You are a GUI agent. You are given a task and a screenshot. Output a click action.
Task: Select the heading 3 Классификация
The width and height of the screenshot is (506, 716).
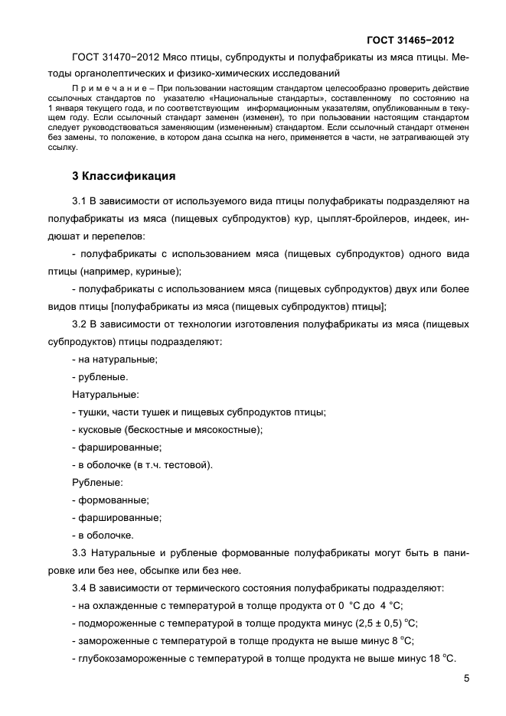click(x=124, y=176)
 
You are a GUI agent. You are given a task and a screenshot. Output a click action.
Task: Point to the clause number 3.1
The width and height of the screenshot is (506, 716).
click(x=80, y=201)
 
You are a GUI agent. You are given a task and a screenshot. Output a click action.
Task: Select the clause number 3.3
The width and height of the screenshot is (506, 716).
click(x=80, y=552)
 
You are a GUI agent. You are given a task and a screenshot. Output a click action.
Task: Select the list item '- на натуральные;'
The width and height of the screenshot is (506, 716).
click(x=113, y=360)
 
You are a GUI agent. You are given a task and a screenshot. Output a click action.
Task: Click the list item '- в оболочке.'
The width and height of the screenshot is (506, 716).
click(x=103, y=535)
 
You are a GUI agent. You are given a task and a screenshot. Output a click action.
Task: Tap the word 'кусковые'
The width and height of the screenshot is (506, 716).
click(x=100, y=430)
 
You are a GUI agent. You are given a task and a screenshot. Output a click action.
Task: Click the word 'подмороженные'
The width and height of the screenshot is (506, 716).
click(x=116, y=623)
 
